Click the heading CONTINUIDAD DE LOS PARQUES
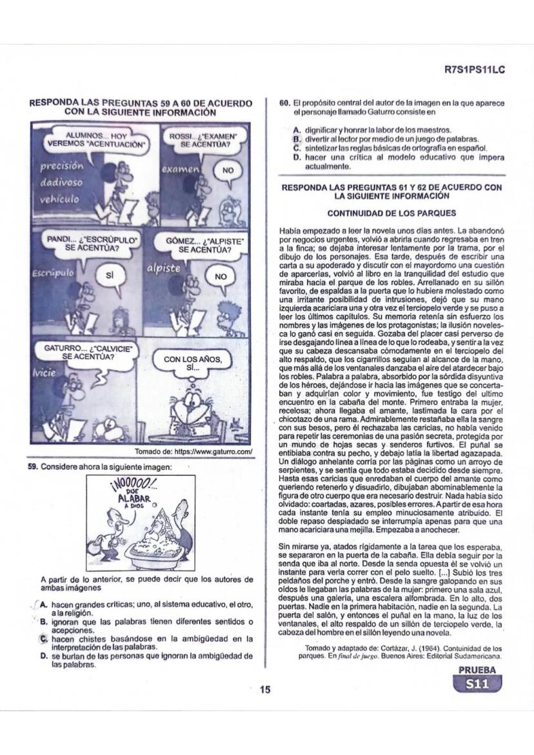tap(391, 213)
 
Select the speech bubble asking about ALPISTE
tap(204, 246)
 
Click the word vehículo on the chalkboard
tap(59, 199)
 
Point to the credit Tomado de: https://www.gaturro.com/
tap(193, 450)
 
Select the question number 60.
tap(284, 103)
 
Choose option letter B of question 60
tap(297, 139)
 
